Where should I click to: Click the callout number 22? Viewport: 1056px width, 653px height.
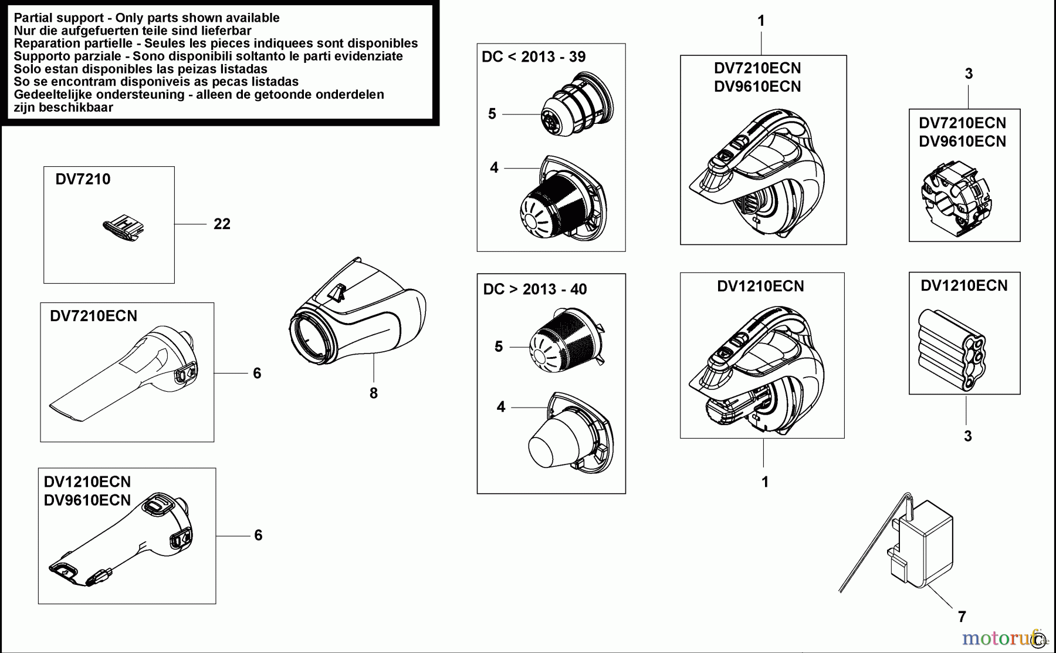pyautogui.click(x=222, y=224)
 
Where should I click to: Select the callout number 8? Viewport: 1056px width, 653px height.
pyautogui.click(x=374, y=393)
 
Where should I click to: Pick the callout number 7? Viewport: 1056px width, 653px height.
pyautogui.click(x=962, y=617)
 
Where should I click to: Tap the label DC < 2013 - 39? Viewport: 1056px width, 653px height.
pyautogui.click(x=533, y=57)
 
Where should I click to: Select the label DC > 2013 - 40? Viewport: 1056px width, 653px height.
pyautogui.click(x=534, y=289)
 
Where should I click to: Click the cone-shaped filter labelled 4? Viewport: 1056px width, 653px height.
pyautogui.click(x=572, y=435)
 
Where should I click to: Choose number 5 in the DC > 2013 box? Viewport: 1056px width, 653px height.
pyautogui.click(x=498, y=346)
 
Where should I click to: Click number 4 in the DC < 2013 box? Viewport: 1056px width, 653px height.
pyautogui.click(x=494, y=168)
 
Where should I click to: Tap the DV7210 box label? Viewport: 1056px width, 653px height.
pyautogui.click(x=83, y=179)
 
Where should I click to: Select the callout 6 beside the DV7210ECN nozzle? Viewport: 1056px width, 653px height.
pyautogui.click(x=257, y=373)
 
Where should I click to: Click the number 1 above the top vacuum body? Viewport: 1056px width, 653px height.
pyautogui.click(x=761, y=21)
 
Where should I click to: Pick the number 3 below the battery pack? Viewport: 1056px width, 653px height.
pyautogui.click(x=967, y=436)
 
